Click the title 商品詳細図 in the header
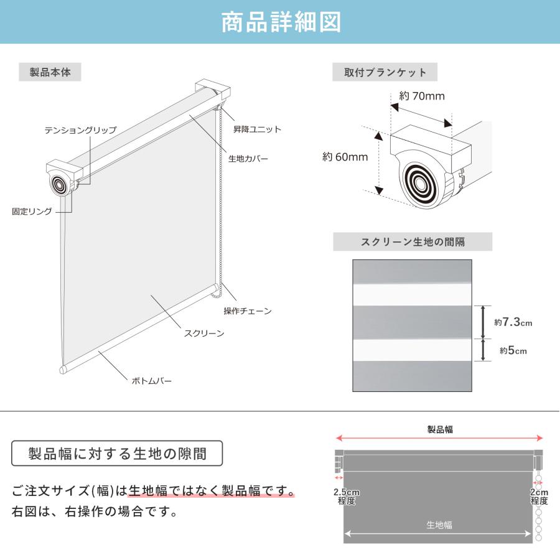click(281, 22)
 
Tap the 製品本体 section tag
click(50, 72)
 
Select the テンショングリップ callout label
click(80, 130)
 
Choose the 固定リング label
click(32, 212)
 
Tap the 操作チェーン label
click(248, 310)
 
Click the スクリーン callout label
click(204, 334)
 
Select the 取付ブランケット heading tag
click(385, 72)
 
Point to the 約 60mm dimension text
click(345, 157)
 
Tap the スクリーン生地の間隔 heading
click(413, 242)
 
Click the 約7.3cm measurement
click(513, 322)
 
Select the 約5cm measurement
click(513, 351)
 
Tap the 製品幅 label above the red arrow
click(440, 429)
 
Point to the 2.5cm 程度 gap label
click(347, 497)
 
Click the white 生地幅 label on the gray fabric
click(439, 525)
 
